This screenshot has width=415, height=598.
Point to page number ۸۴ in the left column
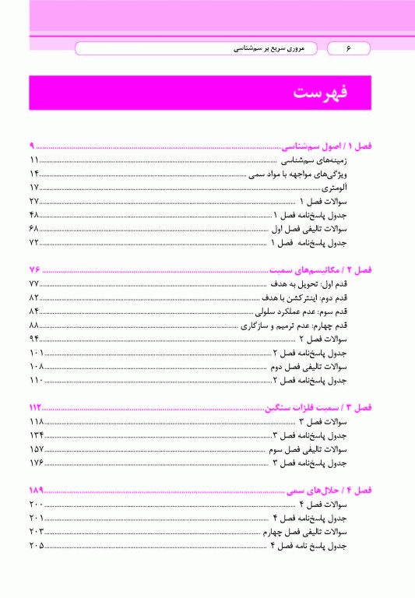click(x=35, y=311)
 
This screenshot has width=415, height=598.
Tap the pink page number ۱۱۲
click(x=35, y=406)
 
